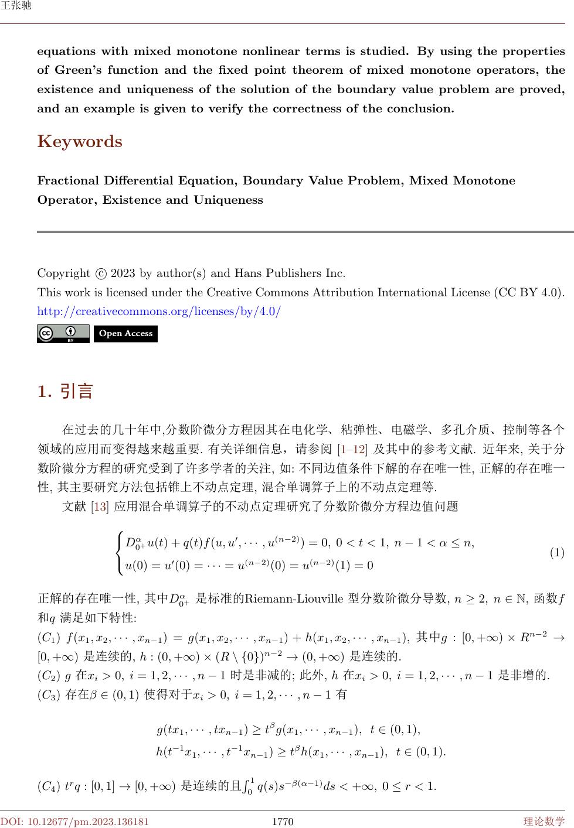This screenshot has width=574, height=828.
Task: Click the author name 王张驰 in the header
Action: [16, 6]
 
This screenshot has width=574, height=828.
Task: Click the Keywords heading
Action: [80, 142]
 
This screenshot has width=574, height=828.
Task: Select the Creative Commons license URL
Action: [159, 312]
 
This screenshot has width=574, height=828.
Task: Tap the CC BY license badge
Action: [63, 334]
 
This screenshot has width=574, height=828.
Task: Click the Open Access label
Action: [125, 334]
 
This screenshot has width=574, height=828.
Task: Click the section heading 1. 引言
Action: [65, 391]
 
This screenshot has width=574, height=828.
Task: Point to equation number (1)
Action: [556, 553]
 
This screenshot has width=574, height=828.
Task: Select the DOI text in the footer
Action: [74, 822]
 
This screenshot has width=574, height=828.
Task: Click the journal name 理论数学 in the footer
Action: [544, 822]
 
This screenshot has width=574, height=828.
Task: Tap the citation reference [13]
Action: [100, 507]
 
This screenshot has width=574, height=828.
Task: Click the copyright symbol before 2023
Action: [100, 273]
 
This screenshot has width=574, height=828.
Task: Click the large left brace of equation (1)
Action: [120, 553]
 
